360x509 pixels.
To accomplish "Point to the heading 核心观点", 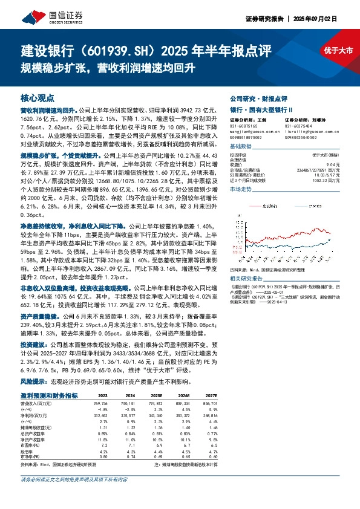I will click(x=38, y=98).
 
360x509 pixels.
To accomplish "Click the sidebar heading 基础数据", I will click(x=241, y=146).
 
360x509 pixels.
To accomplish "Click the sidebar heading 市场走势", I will click(x=241, y=189).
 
